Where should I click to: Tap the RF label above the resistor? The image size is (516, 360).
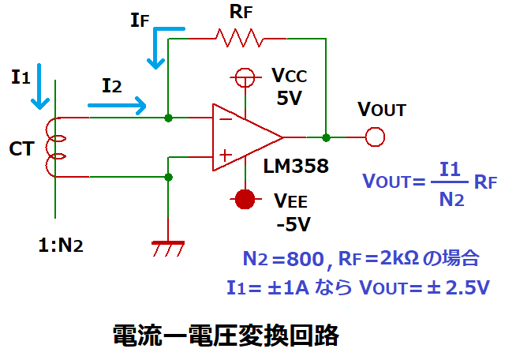click(238, 13)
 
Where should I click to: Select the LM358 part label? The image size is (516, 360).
click(295, 167)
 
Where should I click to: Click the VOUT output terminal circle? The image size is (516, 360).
click(375, 137)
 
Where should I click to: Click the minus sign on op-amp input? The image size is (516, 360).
click(225, 119)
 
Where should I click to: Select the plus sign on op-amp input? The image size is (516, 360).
click(225, 156)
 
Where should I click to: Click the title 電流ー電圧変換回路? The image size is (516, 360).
click(226, 336)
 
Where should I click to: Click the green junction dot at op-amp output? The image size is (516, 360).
click(325, 137)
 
